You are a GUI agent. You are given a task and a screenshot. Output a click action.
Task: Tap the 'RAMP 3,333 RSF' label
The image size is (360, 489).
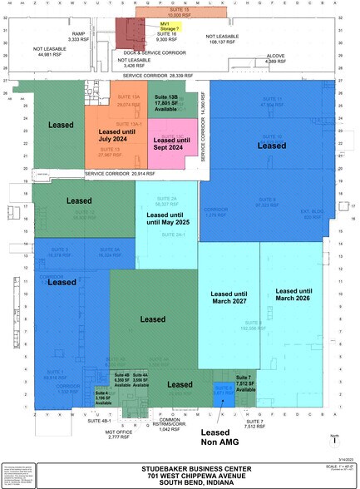click(79, 37)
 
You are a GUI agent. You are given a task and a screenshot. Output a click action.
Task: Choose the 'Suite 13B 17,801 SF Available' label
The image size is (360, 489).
click(185, 102)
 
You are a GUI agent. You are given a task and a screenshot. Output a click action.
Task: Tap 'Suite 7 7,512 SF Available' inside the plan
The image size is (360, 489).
click(244, 382)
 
